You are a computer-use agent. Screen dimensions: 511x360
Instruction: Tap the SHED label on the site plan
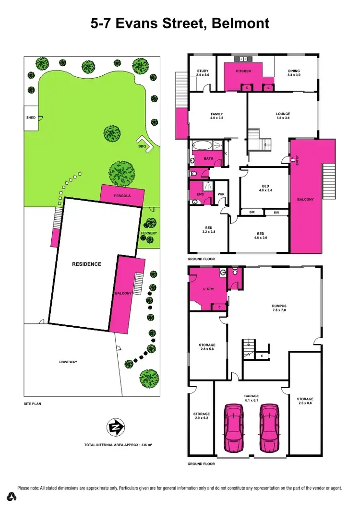tap(31, 117)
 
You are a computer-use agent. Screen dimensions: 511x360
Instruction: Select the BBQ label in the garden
tap(142, 146)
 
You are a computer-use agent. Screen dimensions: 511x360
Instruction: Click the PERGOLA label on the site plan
tap(122, 196)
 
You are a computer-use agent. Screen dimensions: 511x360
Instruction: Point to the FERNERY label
tap(149, 233)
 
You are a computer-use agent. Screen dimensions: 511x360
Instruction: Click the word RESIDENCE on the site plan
tap(86, 264)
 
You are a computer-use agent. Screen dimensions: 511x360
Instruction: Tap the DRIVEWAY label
tap(68, 361)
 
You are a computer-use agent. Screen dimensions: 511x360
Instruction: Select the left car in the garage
tap(234, 428)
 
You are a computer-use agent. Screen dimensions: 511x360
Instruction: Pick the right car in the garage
tap(269, 428)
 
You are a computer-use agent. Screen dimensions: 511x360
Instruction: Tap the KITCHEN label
tap(243, 71)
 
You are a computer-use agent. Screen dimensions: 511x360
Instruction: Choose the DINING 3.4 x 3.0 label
tap(294, 73)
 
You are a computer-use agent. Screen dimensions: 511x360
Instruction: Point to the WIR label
tap(221, 194)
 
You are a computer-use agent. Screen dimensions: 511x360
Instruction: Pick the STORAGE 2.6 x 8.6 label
tap(305, 401)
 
